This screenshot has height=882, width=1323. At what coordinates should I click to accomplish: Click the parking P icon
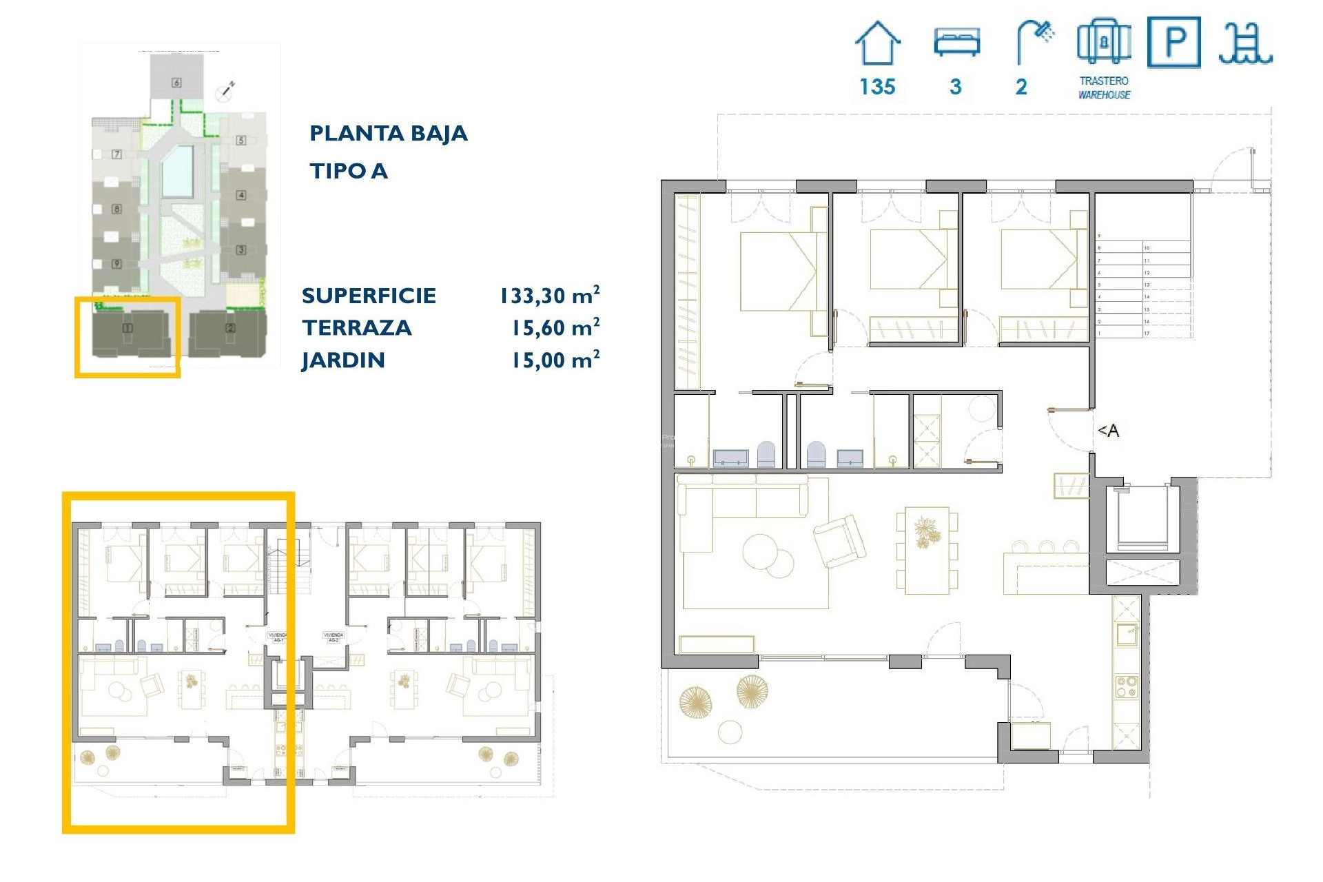1174,42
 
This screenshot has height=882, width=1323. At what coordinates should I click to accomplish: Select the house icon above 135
877,43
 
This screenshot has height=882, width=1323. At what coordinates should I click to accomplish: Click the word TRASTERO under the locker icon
1104,81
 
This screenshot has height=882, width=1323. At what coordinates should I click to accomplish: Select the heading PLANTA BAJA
388,133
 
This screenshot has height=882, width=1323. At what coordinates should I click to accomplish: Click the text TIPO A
348,171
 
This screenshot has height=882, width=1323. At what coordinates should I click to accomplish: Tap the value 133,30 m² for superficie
549,296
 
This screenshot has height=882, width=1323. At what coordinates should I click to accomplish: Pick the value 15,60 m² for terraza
555,328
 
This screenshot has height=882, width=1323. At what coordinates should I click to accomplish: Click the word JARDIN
342,360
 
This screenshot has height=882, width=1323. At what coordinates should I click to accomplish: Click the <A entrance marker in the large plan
1108,431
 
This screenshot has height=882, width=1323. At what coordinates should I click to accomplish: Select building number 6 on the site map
176,83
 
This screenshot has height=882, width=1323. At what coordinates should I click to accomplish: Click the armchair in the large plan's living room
839,541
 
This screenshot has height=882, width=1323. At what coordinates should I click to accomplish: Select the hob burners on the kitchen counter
1127,687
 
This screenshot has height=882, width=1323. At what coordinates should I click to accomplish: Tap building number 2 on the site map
230,328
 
